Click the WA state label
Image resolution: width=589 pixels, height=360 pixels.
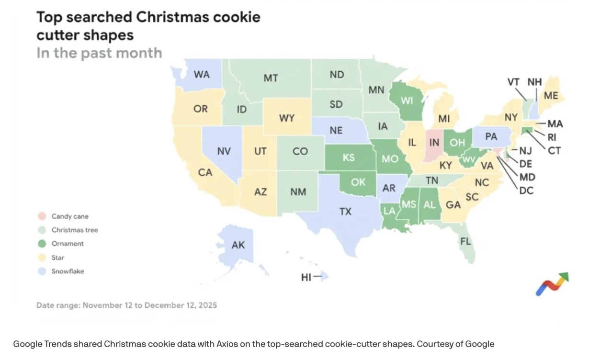[x=201, y=75]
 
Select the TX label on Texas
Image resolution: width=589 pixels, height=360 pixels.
[x=345, y=211]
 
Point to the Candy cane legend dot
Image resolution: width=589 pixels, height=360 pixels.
[x=42, y=216]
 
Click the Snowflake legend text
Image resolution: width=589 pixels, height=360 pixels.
[x=68, y=271]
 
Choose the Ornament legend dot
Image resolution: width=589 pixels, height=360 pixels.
[x=42, y=244]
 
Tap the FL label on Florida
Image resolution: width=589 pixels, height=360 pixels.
[x=465, y=241]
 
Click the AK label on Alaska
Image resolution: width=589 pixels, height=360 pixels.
[x=238, y=245]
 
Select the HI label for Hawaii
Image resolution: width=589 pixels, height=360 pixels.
[x=306, y=277]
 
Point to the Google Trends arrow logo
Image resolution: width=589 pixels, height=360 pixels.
[x=552, y=284]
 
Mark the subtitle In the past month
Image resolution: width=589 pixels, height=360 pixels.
[x=99, y=53]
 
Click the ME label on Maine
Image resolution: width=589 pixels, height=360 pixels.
[x=551, y=96]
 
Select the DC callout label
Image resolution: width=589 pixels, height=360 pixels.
[x=526, y=190]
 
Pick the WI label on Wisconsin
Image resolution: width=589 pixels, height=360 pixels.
[x=407, y=101]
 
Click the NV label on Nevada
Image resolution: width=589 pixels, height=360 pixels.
[x=224, y=151]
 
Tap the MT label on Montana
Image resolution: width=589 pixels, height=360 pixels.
[x=271, y=78]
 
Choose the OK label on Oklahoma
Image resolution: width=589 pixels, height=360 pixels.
[x=358, y=182]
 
